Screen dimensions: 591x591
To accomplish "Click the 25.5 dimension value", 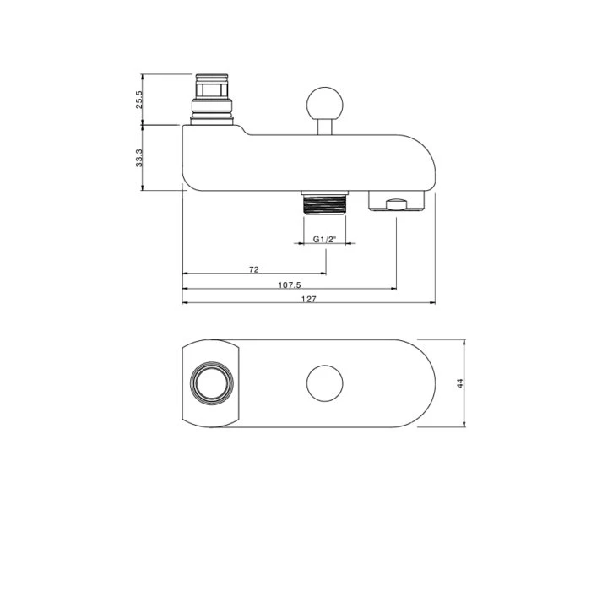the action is pyautogui.click(x=139, y=100).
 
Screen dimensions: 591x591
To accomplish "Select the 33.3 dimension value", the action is pyautogui.click(x=139, y=158).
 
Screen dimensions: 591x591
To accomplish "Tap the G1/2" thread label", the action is pyautogui.click(x=324, y=239).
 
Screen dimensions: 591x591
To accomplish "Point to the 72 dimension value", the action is pyautogui.click(x=254, y=269).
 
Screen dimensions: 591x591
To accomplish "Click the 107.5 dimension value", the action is pyautogui.click(x=290, y=285).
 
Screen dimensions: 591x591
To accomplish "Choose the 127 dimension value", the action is pyautogui.click(x=309, y=299).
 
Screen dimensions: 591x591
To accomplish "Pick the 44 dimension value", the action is pyautogui.click(x=460, y=383).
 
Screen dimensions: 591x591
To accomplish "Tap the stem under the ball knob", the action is pyautogui.click(x=325, y=127).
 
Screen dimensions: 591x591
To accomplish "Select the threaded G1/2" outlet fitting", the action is pyautogui.click(x=324, y=203).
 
